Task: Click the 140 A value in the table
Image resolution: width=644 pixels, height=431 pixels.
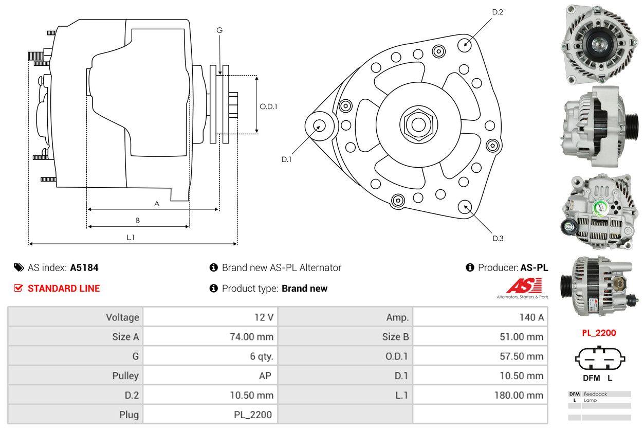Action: click(531, 317)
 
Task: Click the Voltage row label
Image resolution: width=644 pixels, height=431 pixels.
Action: click(122, 317)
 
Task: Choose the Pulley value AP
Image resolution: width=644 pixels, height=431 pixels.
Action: click(265, 375)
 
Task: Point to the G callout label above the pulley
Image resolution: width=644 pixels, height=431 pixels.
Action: click(219, 30)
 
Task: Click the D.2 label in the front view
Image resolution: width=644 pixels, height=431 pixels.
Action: click(497, 12)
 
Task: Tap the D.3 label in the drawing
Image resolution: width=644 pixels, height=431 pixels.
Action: click(498, 238)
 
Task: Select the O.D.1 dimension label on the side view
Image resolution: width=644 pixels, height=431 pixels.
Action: click(268, 107)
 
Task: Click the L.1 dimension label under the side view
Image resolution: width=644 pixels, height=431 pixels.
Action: click(131, 237)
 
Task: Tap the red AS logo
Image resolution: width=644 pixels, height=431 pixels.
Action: click(524, 286)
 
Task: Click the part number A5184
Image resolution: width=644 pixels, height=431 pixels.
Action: click(84, 267)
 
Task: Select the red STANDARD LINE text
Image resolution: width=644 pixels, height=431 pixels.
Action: click(64, 289)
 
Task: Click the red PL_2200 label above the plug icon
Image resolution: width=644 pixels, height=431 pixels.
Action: click(598, 333)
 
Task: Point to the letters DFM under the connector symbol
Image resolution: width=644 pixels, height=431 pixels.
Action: click(591, 378)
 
